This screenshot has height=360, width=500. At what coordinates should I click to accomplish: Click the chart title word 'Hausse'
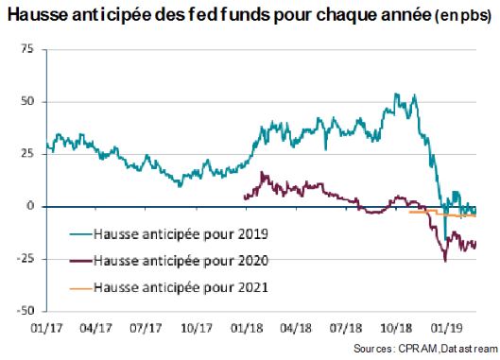click(x=38, y=15)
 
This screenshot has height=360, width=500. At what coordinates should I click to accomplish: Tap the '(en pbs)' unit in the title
click(x=463, y=16)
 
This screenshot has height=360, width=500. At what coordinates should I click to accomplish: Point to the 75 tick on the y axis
click(x=26, y=49)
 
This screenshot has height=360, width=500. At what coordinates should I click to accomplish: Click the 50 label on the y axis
click(x=26, y=101)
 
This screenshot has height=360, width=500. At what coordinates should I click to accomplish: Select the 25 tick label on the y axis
click(x=26, y=154)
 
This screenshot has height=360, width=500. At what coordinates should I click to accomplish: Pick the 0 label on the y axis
click(x=30, y=206)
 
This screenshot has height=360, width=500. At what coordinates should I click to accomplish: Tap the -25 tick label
click(x=26, y=258)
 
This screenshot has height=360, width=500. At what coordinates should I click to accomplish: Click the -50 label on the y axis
click(x=26, y=311)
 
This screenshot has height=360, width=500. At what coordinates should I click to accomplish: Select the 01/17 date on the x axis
click(x=46, y=328)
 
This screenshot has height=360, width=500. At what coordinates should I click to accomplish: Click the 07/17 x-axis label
click(x=146, y=328)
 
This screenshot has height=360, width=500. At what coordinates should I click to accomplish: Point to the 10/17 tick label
click(x=197, y=328)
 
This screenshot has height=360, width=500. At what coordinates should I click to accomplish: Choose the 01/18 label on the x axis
click(x=247, y=328)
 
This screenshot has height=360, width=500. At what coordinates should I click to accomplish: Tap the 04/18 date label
click(x=296, y=328)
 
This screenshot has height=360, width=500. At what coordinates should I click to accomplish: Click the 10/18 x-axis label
click(x=396, y=328)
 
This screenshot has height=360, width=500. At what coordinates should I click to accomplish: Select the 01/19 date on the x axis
click(x=446, y=328)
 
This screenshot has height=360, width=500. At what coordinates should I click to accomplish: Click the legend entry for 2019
click(x=169, y=234)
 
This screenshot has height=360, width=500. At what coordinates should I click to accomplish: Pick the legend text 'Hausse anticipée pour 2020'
click(x=181, y=261)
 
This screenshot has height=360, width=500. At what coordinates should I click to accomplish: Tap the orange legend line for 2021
click(x=81, y=288)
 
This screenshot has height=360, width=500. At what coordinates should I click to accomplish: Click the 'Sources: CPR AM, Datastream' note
click(x=425, y=349)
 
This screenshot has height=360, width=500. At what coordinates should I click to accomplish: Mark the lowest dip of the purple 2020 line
click(x=445, y=261)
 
